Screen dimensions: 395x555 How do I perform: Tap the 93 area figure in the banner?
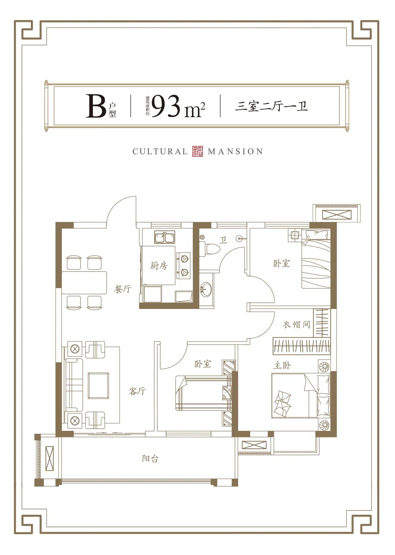click(166, 106)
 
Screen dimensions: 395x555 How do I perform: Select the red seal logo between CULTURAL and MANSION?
click(197, 151)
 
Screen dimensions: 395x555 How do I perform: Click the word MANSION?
click(235, 152)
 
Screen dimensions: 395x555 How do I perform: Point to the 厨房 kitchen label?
click(159, 266)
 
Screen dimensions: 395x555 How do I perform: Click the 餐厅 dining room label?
click(122, 289)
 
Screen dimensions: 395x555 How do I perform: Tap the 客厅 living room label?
click(137, 391)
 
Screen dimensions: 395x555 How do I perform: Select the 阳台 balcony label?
click(150, 459)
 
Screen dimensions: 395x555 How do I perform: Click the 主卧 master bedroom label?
click(282, 365)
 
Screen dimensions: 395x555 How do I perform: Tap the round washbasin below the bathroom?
click(206, 289)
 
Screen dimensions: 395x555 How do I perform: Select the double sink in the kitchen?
click(165, 237)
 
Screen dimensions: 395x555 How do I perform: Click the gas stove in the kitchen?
click(184, 265)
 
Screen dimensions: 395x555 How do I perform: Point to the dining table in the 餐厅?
click(84, 283)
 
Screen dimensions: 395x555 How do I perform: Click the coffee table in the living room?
click(98, 386)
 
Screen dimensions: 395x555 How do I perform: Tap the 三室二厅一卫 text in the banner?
click(271, 106)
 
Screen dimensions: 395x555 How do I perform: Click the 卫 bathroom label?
click(223, 240)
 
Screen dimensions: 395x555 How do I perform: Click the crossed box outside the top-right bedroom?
click(336, 214)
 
